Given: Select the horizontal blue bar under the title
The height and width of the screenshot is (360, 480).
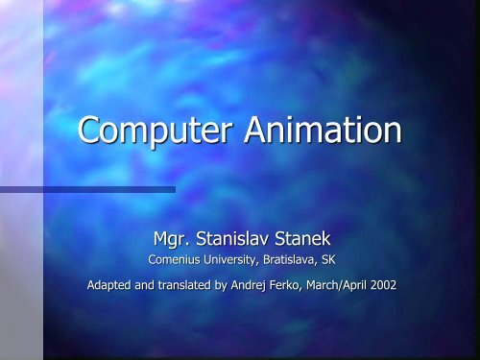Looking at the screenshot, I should [x=86, y=189].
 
